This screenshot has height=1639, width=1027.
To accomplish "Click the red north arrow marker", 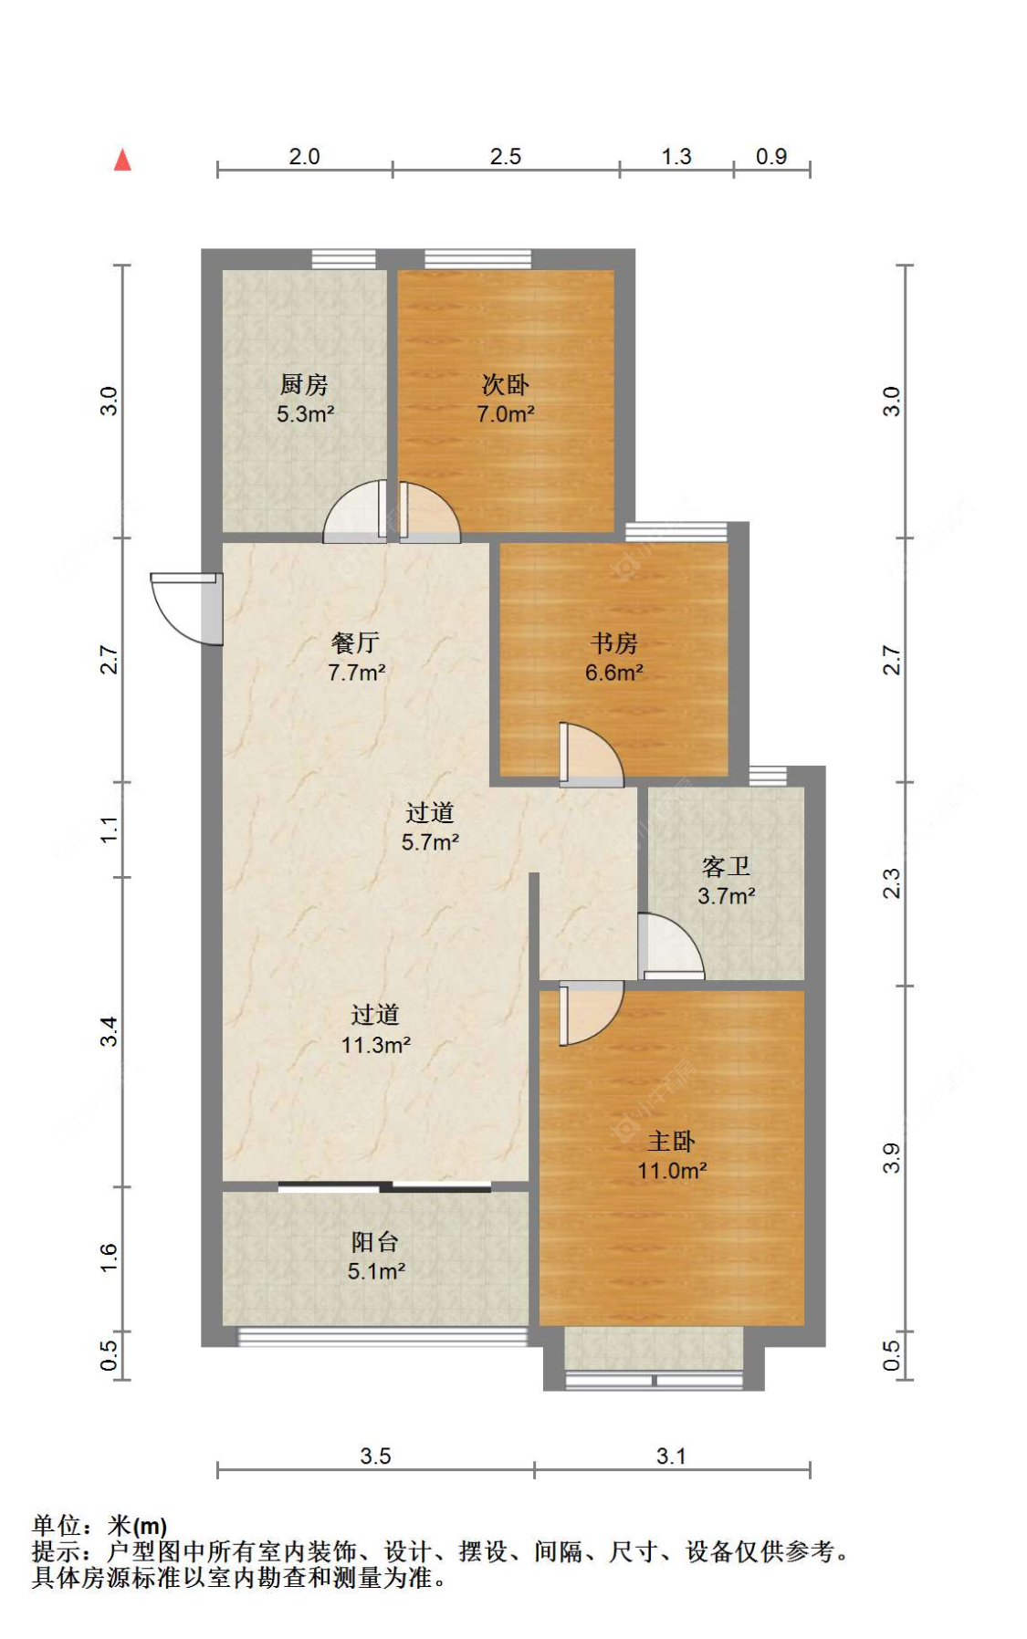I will (122, 161).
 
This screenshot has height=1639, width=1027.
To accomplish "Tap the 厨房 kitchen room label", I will (304, 384).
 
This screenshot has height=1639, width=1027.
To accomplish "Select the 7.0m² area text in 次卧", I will (505, 413).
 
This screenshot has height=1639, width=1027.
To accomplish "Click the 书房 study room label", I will (613, 643).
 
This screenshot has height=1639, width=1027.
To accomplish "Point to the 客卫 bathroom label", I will (726, 866).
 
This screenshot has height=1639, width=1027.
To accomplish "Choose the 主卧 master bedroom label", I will (671, 1141).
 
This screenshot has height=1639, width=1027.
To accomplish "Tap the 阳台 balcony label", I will (375, 1241).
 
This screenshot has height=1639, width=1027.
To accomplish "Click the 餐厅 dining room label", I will (355, 643).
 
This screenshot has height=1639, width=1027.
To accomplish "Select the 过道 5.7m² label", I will (430, 826).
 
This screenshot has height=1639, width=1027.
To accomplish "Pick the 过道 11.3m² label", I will (375, 1028).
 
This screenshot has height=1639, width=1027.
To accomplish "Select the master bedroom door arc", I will (592, 1013).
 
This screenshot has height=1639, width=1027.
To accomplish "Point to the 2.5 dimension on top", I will (505, 156).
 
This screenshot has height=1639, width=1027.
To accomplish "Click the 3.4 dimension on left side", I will (109, 1031).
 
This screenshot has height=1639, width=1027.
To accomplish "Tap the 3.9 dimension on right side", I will (892, 1157).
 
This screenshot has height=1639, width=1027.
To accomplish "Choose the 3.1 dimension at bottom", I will (671, 1456).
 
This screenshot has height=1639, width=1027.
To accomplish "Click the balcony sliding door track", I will (384, 1187).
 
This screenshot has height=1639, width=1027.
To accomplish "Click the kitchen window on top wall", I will (343, 258).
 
